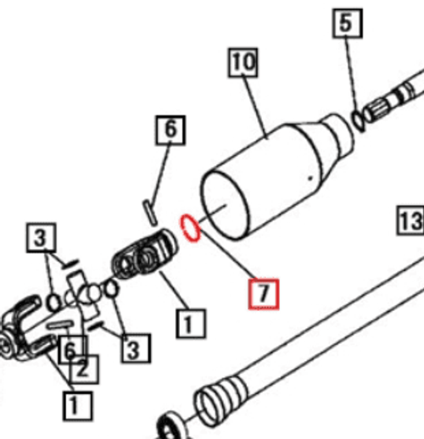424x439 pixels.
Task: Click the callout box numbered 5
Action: [x=348, y=23]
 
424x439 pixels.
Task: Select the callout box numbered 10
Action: [x=243, y=63]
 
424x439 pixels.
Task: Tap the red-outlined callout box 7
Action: [x=264, y=294]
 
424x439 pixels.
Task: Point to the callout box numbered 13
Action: [x=410, y=220]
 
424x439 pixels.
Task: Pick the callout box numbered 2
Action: [x=84, y=370]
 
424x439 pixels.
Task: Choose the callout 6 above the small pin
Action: [x=170, y=131]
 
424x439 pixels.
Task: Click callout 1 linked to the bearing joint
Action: [x=191, y=324]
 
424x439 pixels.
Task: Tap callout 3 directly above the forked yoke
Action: [x=41, y=237]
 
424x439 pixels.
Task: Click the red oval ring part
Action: [x=191, y=228]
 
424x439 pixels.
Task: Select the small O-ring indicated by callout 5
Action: [x=358, y=120]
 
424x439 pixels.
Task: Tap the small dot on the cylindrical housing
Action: [x=310, y=178]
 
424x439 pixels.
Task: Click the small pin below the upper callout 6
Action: [x=149, y=213]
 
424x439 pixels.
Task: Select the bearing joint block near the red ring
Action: [x=144, y=256]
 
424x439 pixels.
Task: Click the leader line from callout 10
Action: [x=255, y=108]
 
